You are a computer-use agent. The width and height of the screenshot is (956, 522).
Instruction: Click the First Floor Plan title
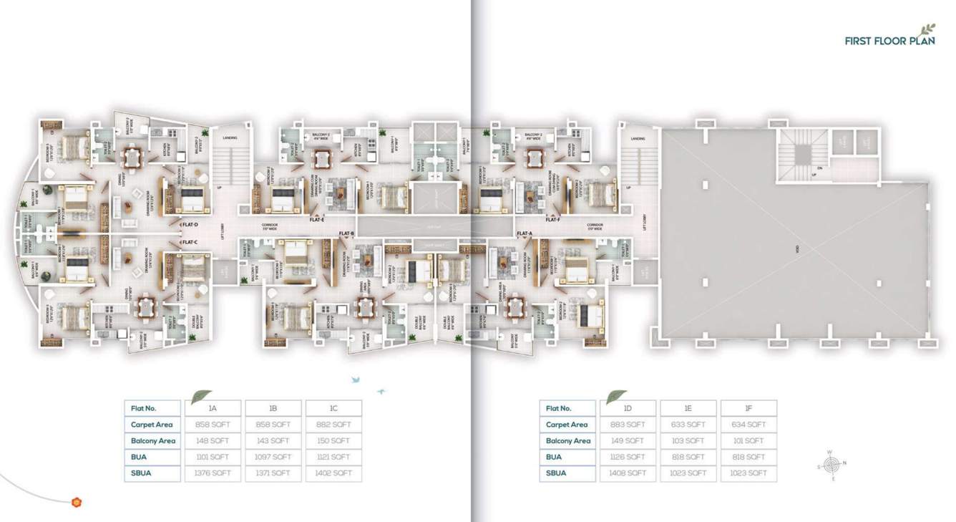(889, 41)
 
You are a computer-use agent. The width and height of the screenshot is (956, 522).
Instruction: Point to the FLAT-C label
(189, 242)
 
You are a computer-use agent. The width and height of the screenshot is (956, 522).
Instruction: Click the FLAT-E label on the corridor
(317, 220)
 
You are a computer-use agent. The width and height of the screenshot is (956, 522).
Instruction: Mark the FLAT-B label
(346, 233)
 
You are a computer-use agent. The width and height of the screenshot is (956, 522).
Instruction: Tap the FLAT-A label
(525, 233)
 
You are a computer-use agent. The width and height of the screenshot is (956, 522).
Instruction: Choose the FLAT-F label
(552, 220)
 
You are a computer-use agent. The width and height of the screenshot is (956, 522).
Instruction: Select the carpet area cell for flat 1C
(333, 425)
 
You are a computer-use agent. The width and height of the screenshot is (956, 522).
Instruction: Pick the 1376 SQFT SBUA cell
(213, 473)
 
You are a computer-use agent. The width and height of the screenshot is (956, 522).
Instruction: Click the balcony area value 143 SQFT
(273, 441)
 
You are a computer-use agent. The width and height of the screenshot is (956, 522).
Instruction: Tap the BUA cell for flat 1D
(628, 457)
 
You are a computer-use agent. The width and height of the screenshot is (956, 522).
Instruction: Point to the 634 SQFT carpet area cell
(748, 425)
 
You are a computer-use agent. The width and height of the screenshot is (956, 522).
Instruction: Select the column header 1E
(688, 408)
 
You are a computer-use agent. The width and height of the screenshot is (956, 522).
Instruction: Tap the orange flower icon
(77, 502)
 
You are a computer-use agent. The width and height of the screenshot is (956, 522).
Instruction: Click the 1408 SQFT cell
(628, 473)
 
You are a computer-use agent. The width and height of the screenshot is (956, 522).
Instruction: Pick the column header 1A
(213, 408)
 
